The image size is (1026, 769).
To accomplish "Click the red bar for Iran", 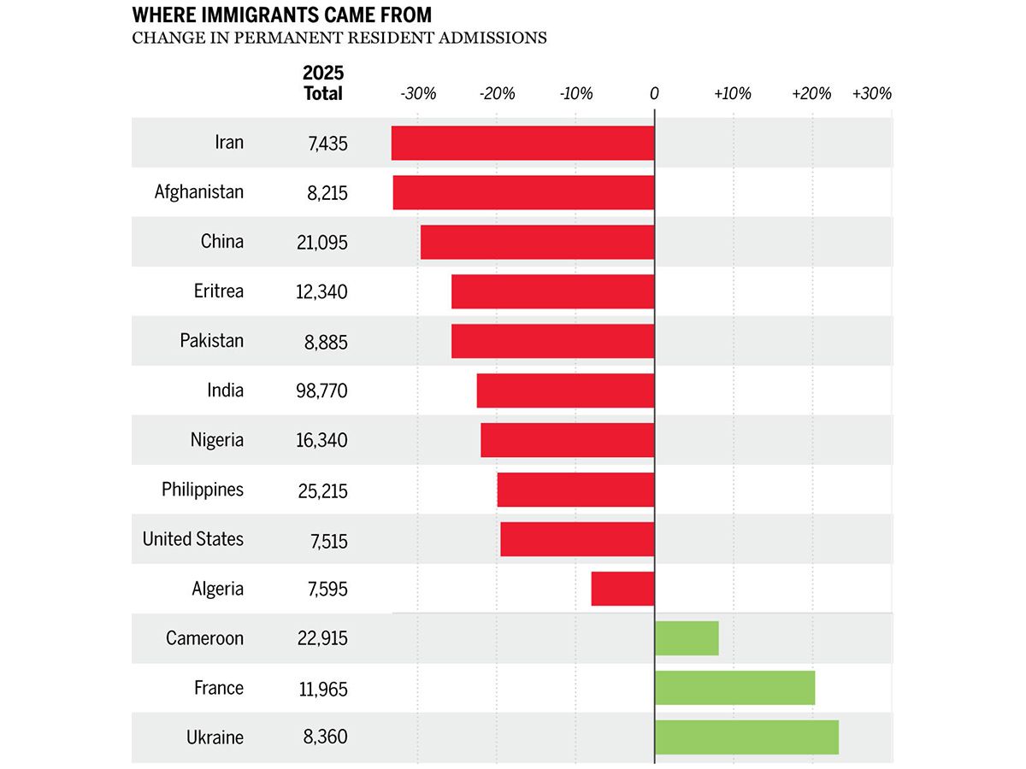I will [522, 143].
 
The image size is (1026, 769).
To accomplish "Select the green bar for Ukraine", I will [746, 737].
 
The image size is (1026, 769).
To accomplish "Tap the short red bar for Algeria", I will [622, 589].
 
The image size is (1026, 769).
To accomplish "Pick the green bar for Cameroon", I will [686, 638].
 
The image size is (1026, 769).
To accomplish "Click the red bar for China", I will [537, 242].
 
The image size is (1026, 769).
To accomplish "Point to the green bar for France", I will [734, 688].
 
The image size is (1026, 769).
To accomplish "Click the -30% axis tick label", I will [418, 94].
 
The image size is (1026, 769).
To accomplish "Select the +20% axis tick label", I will [811, 94].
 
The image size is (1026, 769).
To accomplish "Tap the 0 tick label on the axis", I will [654, 94].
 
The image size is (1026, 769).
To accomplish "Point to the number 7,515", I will [327, 540].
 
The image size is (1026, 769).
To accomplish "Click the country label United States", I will [193, 539].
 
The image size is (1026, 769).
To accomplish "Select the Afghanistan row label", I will [199, 191].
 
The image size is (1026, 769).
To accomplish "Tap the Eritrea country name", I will [219, 291].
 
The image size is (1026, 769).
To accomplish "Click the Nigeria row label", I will [217, 441].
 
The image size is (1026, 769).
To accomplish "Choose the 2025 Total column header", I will [323, 83].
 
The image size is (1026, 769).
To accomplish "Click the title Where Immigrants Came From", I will [281, 15].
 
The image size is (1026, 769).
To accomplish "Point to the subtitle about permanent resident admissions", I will [339, 38].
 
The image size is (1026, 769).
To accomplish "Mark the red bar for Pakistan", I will [552, 341].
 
